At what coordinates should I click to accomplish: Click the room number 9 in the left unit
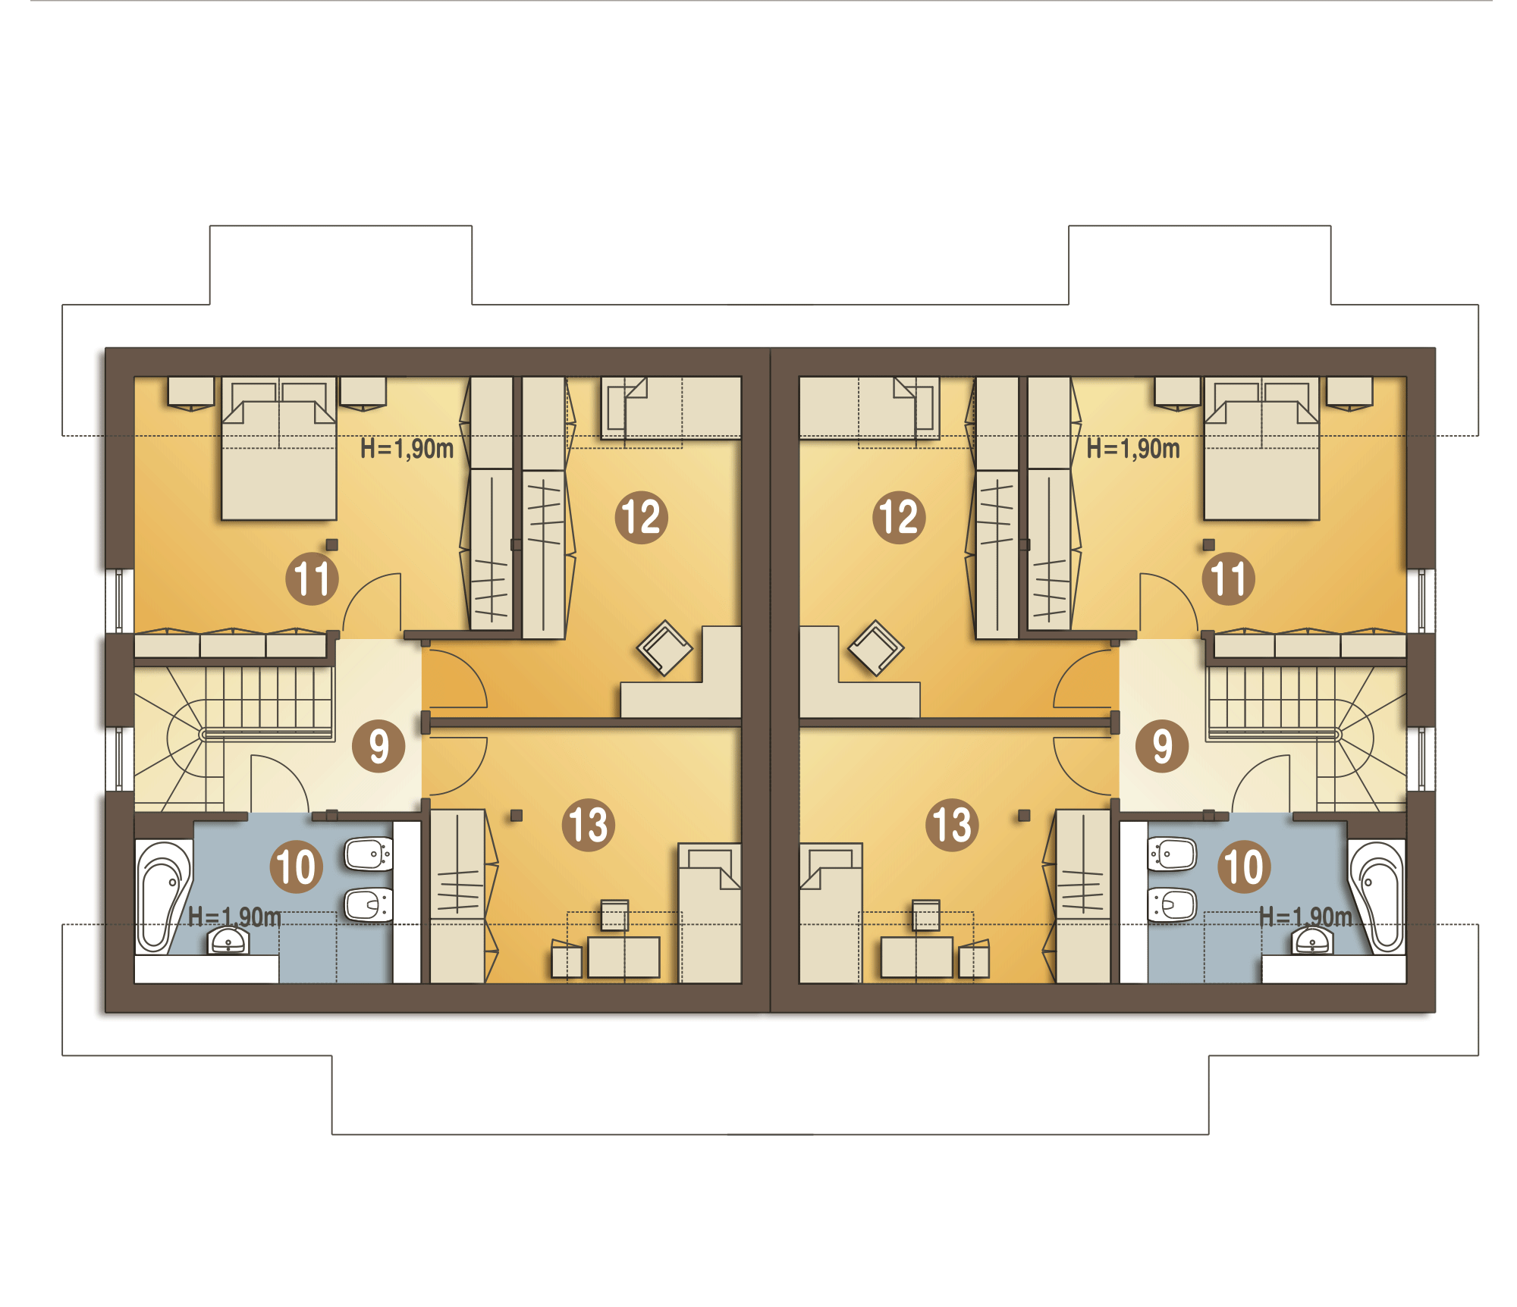coord(378,746)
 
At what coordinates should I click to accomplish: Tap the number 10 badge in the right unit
coord(1244,867)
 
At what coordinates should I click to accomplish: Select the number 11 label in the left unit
coord(312,578)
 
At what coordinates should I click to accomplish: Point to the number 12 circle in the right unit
coord(899,517)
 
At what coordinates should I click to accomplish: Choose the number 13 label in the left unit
coord(588,825)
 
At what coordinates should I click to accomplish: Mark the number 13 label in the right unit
coord(952,825)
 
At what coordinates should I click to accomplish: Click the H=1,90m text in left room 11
coord(407,449)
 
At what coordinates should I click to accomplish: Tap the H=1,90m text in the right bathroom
coord(1305,917)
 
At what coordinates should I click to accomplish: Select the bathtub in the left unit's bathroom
coord(164,896)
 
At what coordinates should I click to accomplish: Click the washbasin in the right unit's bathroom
coord(1312,941)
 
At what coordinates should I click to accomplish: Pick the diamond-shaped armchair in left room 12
coord(664,648)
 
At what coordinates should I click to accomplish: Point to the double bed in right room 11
coord(1261,449)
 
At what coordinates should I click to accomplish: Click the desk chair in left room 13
coord(614,915)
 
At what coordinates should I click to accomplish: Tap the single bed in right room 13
coord(831,913)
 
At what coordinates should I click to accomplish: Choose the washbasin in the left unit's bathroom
coord(228,941)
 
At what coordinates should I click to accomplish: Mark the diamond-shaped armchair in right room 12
coord(876,648)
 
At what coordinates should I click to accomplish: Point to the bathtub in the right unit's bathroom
coord(1377,896)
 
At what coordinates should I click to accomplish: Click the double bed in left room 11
coord(279,449)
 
